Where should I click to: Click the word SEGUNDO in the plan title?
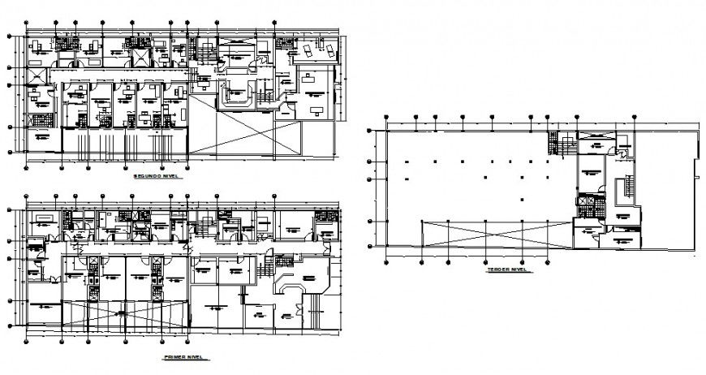(145, 175)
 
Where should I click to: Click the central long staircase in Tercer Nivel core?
(625, 192)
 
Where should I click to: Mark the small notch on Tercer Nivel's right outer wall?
(696, 170)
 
